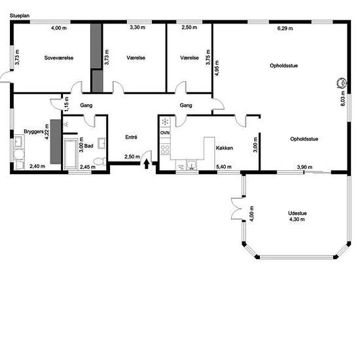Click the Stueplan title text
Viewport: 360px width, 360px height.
coord(20,16)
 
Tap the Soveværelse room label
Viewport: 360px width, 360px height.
coord(59,58)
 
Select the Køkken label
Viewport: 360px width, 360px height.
coord(225,148)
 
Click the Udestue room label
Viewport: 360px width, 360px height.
coord(297,213)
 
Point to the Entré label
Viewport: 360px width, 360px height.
coord(132,137)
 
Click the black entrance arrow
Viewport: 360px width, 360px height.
coord(147,164)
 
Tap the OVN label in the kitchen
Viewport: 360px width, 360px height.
coord(165,133)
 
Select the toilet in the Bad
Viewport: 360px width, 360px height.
coord(100,161)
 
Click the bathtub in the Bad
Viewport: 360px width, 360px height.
coord(70,154)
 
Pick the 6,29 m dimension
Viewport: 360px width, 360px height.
coord(285,28)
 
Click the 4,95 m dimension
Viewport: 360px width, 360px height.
coord(217,68)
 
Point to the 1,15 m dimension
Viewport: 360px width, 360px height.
coord(66,104)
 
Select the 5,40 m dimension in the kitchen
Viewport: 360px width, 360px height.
coord(224,167)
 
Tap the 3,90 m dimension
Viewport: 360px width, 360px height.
coord(304,167)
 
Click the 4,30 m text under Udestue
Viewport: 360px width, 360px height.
coord(297,219)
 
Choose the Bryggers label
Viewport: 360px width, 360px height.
coord(33,132)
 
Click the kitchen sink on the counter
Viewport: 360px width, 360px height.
coord(191,165)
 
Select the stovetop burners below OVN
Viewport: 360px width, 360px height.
coord(165,149)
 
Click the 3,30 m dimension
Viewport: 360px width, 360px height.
coord(137,27)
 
